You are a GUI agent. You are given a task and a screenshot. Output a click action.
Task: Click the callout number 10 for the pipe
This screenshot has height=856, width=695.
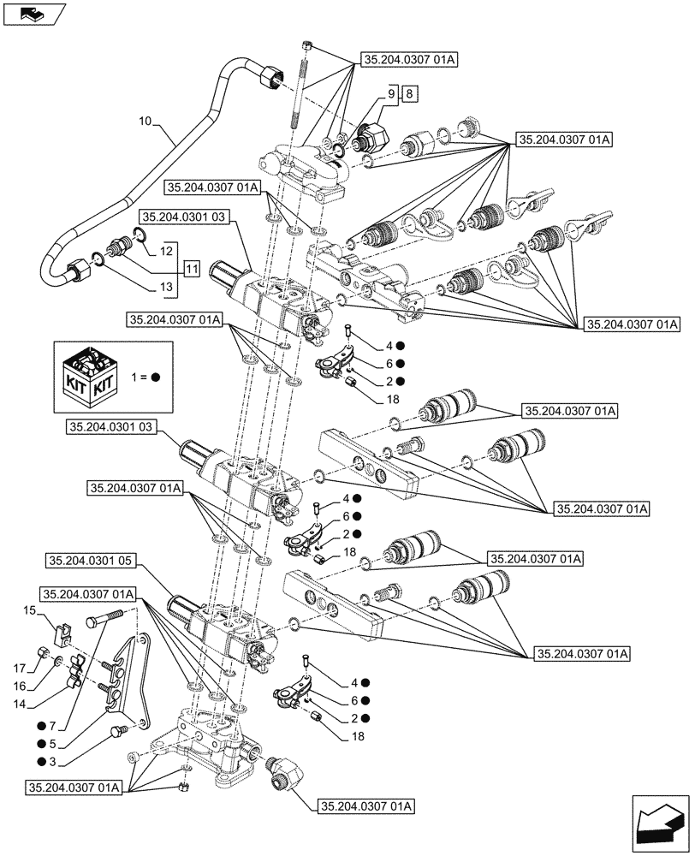coord(145,123)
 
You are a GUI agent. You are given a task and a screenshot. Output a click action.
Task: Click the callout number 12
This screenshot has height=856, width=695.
coord(164,251)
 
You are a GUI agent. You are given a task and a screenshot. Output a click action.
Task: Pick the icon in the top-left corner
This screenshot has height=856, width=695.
coord(33,13)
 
